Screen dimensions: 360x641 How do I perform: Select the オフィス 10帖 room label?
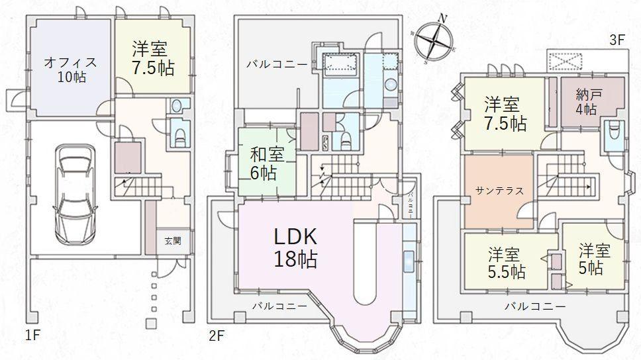71,69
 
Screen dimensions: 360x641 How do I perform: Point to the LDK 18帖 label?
296,246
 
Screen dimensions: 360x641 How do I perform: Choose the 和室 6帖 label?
267,163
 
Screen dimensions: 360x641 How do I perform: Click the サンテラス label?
499,191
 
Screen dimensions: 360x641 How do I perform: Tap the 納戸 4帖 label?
586,101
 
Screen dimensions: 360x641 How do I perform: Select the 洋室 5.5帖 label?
507,263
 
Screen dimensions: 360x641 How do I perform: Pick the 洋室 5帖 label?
593,259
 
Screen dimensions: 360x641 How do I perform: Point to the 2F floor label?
217,336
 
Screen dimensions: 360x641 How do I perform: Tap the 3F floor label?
616,40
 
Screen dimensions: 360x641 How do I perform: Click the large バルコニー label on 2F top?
277,64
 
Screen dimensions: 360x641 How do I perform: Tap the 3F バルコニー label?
535,306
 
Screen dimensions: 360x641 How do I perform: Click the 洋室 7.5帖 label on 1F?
152,58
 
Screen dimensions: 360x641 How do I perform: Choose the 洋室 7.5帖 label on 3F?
505,113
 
